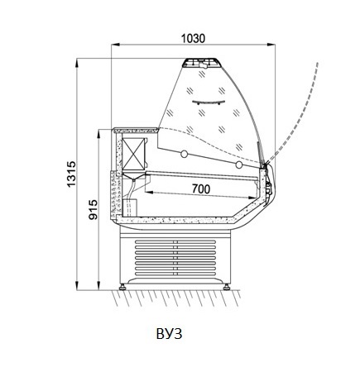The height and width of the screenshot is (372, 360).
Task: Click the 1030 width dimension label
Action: [x=193, y=39]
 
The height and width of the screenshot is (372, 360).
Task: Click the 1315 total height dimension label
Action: [x=71, y=174]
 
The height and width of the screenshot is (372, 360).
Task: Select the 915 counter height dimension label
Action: [x=93, y=210]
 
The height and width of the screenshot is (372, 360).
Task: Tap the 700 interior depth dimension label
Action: [x=201, y=189]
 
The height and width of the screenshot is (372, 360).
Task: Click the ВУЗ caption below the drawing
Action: [x=169, y=334]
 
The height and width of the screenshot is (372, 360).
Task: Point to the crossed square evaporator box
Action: [x=133, y=154]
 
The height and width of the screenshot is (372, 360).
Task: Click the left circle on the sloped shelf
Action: [x=185, y=154]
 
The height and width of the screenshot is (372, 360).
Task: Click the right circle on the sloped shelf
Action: [x=239, y=165]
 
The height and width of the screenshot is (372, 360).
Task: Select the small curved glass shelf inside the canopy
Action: [x=209, y=103]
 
